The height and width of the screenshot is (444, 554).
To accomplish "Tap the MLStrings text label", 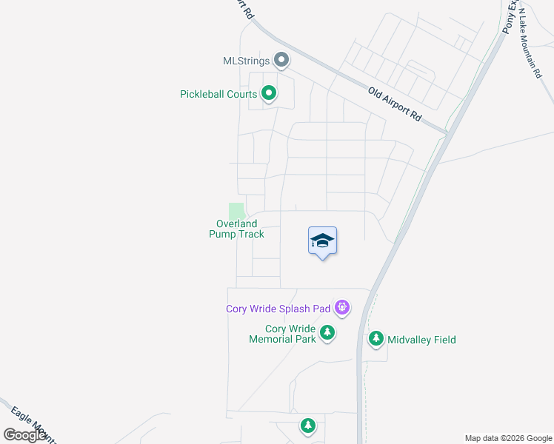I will point(247,61).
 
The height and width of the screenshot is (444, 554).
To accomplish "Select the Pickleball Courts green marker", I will point(270,94).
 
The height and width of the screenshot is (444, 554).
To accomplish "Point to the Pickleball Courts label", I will point(218,95).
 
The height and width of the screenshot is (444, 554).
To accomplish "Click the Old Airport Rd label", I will point(395,104).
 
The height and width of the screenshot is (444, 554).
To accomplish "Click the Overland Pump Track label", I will point(237,229).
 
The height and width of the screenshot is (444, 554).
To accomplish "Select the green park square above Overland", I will point(236,210).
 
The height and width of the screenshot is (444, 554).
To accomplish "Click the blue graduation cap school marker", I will point(322,241).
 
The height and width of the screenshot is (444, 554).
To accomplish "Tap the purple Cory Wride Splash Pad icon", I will point(341,306).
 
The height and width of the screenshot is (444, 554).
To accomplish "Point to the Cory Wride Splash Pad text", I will point(278,309).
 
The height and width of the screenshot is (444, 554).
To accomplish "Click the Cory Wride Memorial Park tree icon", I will point(327,334).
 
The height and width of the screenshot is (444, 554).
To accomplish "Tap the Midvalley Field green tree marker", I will point(376,339).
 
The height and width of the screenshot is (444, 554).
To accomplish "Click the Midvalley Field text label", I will point(422,340).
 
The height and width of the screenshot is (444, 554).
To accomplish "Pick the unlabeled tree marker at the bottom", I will point(308,425).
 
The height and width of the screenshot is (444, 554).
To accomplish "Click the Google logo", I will point(24,435).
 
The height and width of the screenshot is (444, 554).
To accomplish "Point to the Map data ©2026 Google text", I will point(508,438).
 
